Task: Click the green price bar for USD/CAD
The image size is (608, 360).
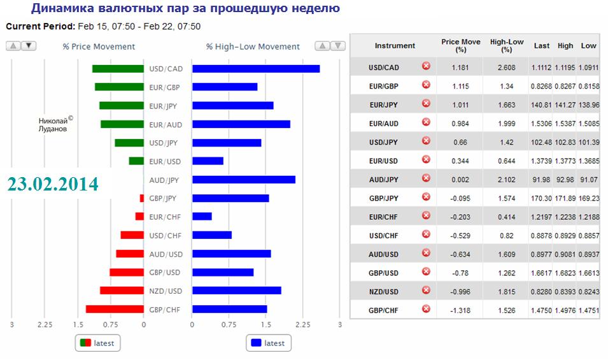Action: [118, 69]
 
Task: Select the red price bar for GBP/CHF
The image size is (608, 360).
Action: [115, 309]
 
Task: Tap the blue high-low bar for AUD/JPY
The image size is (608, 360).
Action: [243, 180]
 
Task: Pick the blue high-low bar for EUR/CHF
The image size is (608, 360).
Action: [202, 217]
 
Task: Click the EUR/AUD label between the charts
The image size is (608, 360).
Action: [165, 124]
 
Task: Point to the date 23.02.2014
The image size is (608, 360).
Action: [53, 184]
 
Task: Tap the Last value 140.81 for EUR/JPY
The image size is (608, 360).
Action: [541, 104]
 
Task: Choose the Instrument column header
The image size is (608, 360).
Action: [395, 46]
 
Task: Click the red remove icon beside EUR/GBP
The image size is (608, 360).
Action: [426, 85]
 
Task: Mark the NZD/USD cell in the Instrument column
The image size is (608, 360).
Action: [384, 292]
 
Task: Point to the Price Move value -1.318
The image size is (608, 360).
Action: [460, 311]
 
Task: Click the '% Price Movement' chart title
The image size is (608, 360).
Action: [99, 47]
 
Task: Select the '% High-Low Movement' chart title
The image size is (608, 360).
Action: [253, 47]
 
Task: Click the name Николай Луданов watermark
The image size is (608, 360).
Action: [53, 124]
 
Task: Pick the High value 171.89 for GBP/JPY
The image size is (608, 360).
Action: [565, 199]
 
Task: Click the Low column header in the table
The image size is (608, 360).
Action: [589, 46]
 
